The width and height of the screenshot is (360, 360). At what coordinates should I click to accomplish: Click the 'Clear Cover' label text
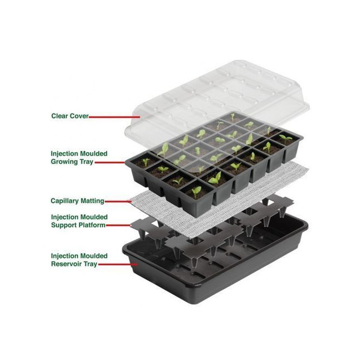click(70, 116)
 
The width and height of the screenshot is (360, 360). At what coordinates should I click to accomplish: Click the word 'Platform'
click(92, 225)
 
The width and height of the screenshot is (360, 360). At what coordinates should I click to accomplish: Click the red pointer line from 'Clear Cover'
click(114, 117)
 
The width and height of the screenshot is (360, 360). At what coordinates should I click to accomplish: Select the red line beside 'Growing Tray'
click(110, 162)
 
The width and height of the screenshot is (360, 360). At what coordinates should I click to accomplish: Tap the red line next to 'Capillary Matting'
click(118, 202)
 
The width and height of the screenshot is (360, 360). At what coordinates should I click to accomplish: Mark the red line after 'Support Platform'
click(119, 225)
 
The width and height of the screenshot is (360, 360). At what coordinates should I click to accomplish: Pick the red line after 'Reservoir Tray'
click(118, 265)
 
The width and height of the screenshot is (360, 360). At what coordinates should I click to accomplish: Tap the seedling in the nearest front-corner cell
click(196, 191)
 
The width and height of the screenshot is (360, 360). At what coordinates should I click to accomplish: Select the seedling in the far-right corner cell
click(285, 138)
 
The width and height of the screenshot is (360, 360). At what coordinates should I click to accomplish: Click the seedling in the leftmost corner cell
click(145, 162)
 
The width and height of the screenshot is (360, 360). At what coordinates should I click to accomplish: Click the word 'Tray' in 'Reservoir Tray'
click(90, 264)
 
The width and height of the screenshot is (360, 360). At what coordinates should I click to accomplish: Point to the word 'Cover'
click(79, 116)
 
